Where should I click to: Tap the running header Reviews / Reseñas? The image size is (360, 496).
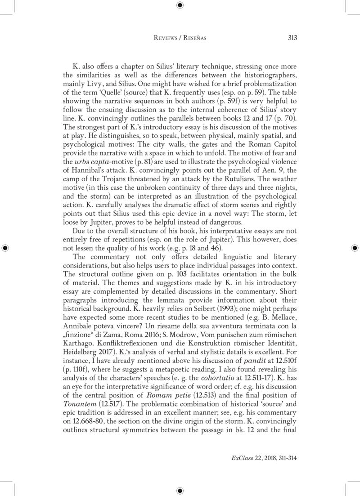(180, 38)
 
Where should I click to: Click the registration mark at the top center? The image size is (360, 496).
(180, 6)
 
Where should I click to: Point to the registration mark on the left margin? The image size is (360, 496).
(6, 248)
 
